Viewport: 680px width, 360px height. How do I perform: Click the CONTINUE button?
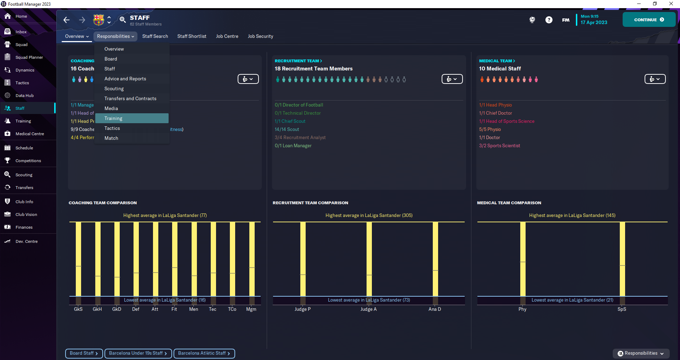(x=648, y=20)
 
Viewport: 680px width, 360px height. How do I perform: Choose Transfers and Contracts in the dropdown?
(x=130, y=98)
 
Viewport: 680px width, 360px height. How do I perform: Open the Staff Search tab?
(x=155, y=36)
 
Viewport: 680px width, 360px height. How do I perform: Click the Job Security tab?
(x=260, y=36)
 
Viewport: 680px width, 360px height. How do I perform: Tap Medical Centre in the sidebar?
(x=29, y=134)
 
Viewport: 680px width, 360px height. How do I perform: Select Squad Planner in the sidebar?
(x=29, y=57)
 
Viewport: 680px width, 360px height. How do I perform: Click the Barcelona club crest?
(x=98, y=20)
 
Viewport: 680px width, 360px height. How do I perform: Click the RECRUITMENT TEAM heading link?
(x=298, y=61)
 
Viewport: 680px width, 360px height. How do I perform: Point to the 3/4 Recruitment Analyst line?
(x=300, y=137)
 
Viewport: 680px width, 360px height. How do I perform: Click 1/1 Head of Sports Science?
(x=506, y=121)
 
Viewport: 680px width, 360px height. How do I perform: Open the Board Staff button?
(x=84, y=353)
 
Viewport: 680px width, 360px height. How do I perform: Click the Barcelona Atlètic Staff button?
(x=204, y=353)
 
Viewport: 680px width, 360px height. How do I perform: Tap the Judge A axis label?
(x=368, y=309)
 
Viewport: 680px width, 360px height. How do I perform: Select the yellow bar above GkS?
(x=78, y=258)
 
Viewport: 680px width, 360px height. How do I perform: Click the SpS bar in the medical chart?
(x=622, y=258)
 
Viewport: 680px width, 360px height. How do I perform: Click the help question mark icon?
(x=549, y=20)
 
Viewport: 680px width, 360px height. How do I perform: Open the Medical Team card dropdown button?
(x=654, y=79)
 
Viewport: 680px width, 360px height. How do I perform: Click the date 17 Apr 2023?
(x=594, y=22)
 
